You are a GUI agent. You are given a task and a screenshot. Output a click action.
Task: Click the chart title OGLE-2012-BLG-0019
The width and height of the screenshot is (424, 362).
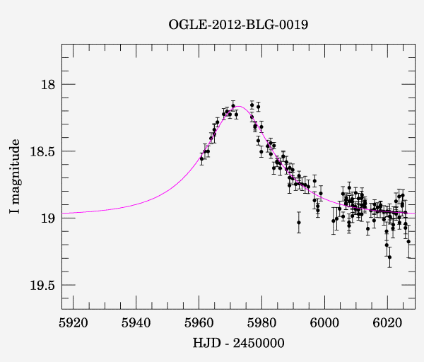tap(238, 24)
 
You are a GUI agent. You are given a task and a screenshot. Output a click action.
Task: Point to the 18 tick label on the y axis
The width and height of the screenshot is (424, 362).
tap(49, 85)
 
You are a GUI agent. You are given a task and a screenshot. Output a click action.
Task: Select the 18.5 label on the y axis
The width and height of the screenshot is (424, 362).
tap(43, 151)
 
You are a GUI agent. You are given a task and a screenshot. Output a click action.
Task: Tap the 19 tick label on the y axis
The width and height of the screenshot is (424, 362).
tap(49, 218)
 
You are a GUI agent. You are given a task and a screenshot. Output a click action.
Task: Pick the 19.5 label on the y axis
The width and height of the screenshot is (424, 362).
tap(43, 285)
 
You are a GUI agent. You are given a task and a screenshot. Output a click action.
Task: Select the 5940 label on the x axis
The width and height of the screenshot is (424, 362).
tap(136, 322)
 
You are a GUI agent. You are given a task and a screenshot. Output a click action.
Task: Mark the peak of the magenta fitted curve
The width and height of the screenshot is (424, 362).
tap(240, 106)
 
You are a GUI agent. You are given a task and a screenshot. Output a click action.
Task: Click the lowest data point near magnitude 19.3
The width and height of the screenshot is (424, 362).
tap(389, 257)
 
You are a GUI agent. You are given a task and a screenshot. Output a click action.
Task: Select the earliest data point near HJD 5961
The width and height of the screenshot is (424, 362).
tap(201, 159)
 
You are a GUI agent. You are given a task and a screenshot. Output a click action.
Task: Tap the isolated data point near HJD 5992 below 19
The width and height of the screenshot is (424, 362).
tap(299, 222)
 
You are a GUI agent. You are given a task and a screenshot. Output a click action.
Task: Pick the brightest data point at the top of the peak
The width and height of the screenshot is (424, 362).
tap(233, 105)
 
